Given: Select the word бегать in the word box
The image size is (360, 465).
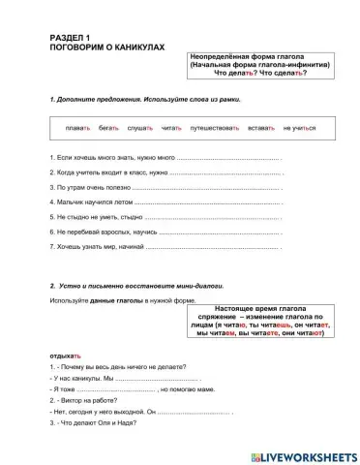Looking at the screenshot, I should tap(108, 129).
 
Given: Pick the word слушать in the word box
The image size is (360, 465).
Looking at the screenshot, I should tap(141, 129).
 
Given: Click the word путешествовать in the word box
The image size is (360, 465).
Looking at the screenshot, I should tap(219, 129).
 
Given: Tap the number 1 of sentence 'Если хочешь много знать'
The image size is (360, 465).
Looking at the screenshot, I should tap(49, 157).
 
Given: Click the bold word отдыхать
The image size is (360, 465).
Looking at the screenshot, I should tap(63, 355).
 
